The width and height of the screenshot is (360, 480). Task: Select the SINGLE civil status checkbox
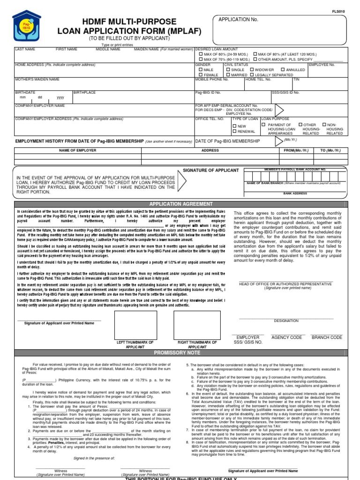[228, 69]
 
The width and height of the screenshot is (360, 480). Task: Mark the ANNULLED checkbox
[283, 69]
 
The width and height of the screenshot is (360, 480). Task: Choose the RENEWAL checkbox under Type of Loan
[235, 132]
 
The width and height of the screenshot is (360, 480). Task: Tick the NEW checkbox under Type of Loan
[235, 126]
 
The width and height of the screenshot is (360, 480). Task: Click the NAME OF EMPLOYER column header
[77, 150]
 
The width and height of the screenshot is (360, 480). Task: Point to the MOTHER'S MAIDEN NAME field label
[37, 80]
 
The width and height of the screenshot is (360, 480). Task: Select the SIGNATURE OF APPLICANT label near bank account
[210, 170]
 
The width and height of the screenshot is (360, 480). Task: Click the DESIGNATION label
[286, 321]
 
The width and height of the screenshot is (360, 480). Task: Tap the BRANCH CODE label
[327, 337]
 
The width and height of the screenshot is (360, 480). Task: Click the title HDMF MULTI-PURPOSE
[122, 22]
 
